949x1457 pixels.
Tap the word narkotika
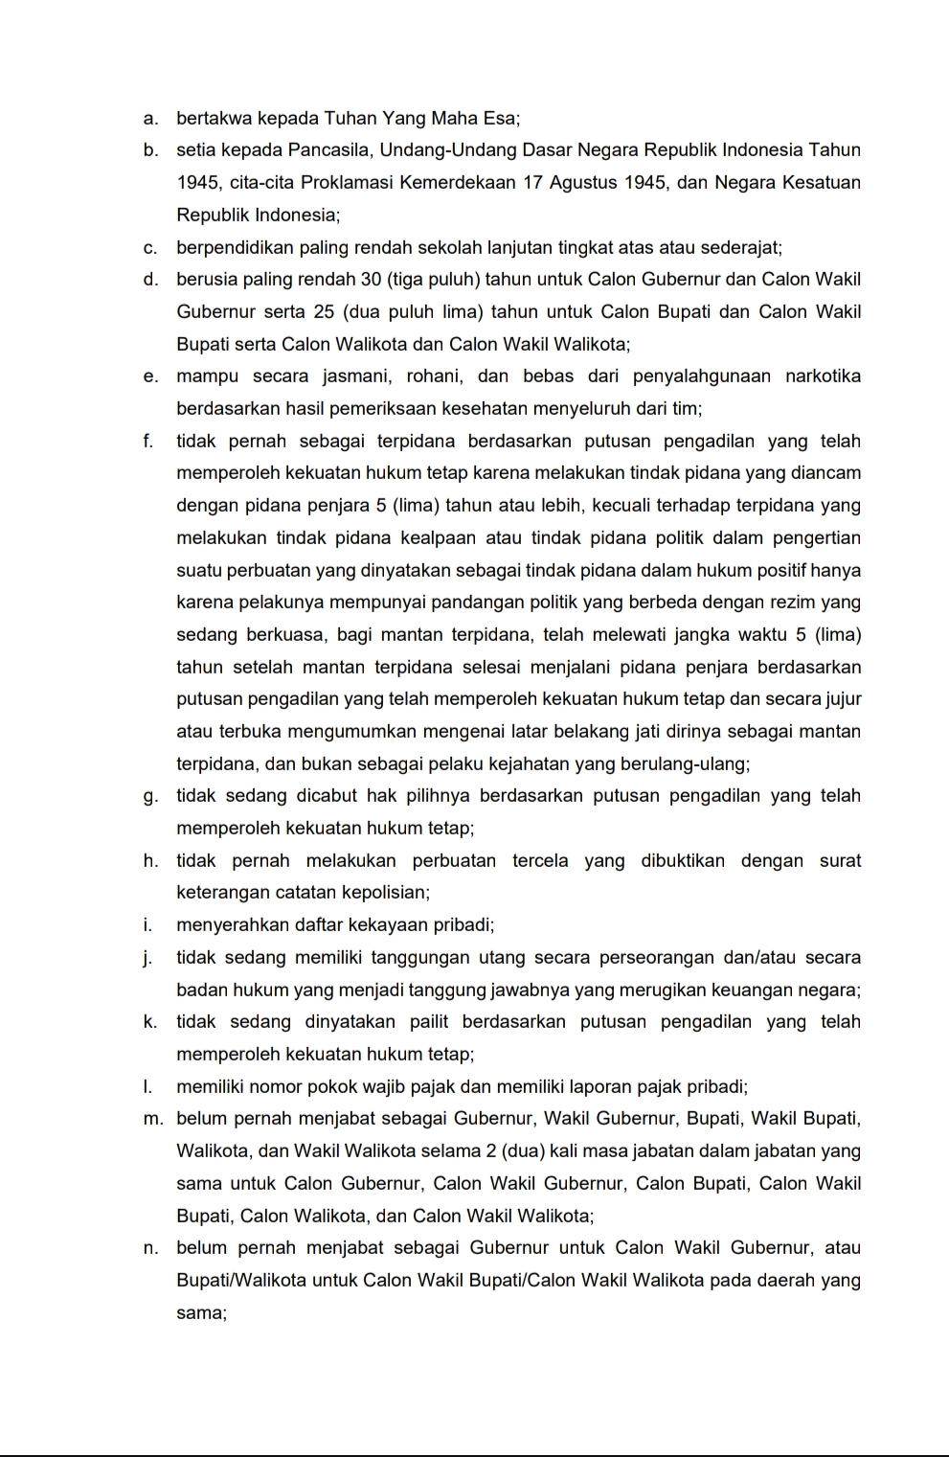823,376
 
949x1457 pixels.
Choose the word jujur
843,699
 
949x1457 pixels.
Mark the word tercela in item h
541,861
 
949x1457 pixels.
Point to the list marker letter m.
151,1119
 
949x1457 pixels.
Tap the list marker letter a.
148,119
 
